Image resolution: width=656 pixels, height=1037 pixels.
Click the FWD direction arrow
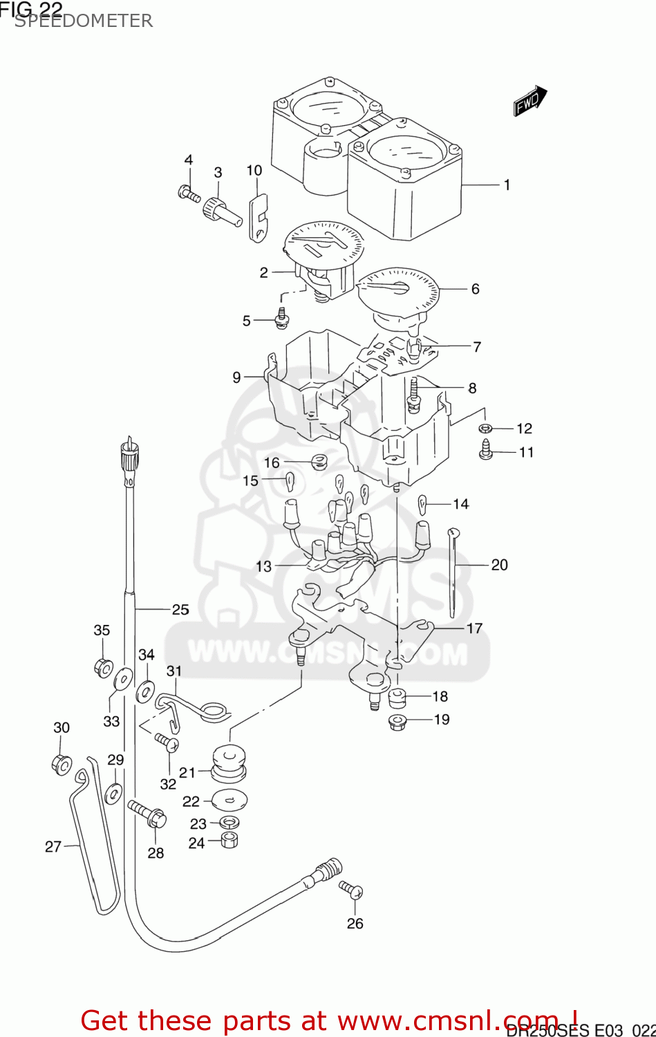point(530,102)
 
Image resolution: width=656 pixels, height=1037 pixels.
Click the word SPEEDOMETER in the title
point(84,21)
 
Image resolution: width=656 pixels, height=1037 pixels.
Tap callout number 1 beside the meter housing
point(507,185)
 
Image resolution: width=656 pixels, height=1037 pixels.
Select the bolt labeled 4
point(189,194)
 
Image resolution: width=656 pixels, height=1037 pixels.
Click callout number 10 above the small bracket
point(254,171)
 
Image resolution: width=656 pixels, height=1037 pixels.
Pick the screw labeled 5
point(282,317)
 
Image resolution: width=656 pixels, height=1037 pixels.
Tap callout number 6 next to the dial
point(475,289)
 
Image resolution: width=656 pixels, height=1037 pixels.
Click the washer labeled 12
point(485,429)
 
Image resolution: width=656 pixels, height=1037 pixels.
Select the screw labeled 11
point(486,451)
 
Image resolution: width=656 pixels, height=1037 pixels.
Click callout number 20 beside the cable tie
point(499,565)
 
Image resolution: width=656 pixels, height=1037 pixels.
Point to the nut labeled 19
point(397,722)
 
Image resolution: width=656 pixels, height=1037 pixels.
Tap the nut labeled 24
point(229,841)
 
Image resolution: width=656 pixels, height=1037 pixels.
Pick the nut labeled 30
point(61,764)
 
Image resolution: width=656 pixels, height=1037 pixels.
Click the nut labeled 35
point(103,668)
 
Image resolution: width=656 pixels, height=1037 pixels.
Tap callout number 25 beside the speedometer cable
point(180,610)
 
